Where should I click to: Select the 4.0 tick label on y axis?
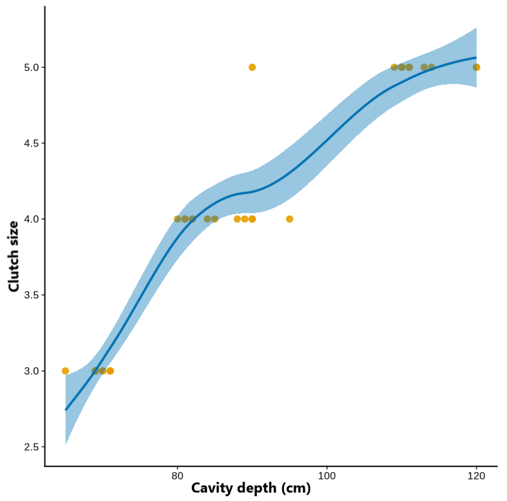(31, 219)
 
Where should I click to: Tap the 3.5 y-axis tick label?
(31, 295)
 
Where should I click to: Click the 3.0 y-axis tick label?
(31, 371)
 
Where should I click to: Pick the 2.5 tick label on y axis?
(31, 447)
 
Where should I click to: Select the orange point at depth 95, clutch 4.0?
(290, 219)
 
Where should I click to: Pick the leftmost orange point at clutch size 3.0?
(65, 371)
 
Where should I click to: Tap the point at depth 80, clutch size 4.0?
(177, 219)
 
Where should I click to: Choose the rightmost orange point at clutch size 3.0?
(110, 371)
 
